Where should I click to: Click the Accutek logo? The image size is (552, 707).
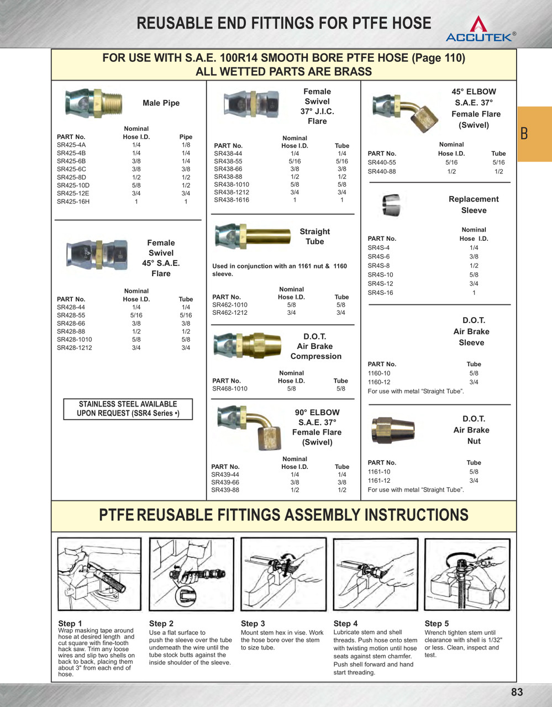tap(480, 30)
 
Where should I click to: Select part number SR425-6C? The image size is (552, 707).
tap(71, 170)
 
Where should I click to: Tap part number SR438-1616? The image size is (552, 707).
tap(232, 200)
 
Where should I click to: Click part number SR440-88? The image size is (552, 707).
tap(382, 172)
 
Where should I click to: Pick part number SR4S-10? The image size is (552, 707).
tap(381, 275)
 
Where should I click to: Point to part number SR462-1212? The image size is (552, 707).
tap(230, 313)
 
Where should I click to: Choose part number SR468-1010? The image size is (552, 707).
tap(230, 389)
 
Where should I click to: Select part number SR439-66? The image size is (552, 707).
tap(225, 482)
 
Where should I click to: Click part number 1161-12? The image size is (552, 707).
tap(379, 481)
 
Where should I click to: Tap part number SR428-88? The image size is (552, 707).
tap(71, 331)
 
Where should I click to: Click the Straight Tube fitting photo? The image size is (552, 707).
tap(253, 236)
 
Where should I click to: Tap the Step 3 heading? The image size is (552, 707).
tap(253, 624)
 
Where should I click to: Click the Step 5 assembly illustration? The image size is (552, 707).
tap(467, 574)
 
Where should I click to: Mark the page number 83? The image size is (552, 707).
tap(517, 692)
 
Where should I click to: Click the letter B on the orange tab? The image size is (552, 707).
tap(524, 134)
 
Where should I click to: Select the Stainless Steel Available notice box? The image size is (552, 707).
tap(128, 409)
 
